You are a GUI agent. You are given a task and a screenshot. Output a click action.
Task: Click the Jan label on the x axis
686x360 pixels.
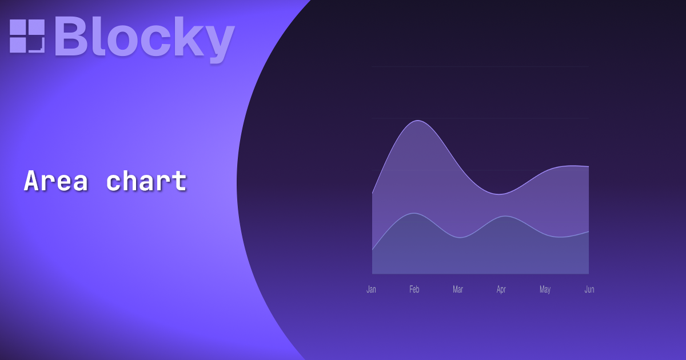[372, 290]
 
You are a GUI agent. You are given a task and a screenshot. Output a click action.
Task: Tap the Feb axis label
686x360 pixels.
[414, 290]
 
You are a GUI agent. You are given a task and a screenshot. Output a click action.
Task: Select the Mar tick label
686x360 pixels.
[458, 290]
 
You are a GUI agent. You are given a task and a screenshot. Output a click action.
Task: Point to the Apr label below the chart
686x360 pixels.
[501, 290]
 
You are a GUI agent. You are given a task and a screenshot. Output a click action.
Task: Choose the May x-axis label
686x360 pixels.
[545, 290]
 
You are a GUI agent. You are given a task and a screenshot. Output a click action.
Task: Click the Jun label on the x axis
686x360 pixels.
[589, 290]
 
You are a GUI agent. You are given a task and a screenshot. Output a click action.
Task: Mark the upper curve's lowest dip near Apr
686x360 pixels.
[500, 194]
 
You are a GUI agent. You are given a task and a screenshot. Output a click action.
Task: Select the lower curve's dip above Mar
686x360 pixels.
[460, 238]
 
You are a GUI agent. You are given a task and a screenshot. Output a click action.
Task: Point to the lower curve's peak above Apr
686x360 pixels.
[503, 217]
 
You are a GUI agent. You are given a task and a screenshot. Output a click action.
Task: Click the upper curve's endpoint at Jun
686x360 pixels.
[588, 167]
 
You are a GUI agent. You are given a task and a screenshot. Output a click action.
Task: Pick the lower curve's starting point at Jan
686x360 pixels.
[373, 250]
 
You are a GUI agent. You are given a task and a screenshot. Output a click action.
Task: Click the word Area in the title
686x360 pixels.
[56, 182]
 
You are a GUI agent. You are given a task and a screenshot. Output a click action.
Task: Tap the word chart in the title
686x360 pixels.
[146, 182]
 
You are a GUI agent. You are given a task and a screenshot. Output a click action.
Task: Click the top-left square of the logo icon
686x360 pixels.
[18, 27]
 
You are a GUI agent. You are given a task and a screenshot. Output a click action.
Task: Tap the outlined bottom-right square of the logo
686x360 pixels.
[36, 45]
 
